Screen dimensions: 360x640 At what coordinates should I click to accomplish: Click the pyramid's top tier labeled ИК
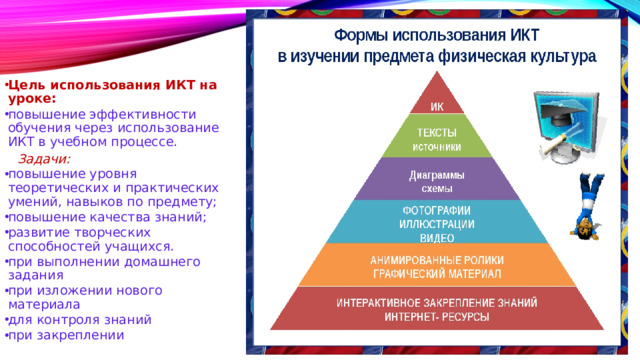tap(436, 106)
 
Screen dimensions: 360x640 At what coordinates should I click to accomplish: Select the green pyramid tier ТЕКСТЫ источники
tap(438, 139)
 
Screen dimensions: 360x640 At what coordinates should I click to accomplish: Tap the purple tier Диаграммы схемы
tap(437, 180)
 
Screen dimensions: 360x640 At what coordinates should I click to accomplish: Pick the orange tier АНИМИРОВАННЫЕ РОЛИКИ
tap(437, 266)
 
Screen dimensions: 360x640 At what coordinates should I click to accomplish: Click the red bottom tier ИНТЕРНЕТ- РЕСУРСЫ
tap(437, 309)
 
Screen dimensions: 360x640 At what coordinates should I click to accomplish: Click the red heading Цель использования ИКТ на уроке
tap(111, 91)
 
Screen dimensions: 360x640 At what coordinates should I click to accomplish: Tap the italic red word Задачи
tap(44, 158)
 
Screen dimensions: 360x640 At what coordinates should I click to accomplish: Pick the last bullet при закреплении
tap(65, 335)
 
